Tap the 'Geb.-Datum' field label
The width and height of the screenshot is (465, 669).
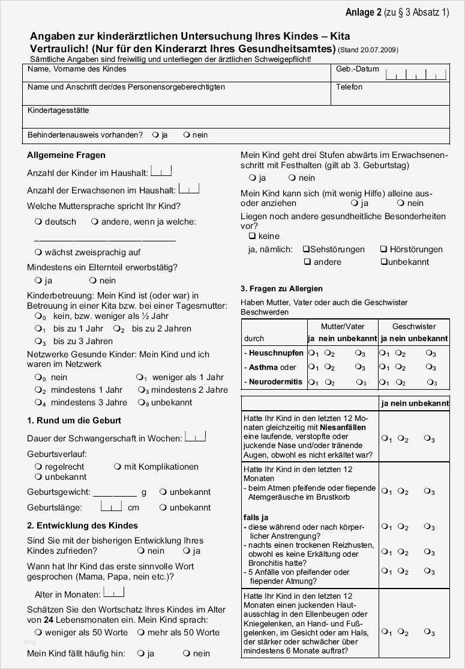tap(357, 69)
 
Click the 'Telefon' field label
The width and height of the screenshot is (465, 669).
tap(349, 87)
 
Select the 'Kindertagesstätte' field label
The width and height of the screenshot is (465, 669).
tap(58, 111)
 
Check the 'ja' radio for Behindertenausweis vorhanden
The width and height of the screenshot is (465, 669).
tap(155, 135)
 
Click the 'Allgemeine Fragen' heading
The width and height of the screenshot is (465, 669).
tap(66, 155)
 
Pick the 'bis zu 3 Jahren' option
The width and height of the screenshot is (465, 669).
tap(40, 341)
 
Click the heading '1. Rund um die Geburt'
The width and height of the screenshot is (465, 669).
tap(74, 420)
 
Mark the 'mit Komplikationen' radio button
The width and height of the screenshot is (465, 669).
tap(117, 467)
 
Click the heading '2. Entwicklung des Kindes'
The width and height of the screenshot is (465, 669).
tap(82, 525)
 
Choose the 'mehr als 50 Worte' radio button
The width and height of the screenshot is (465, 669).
tap(140, 632)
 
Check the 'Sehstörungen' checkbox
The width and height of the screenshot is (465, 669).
tap(306, 249)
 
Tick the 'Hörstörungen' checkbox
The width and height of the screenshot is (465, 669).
tap(383, 249)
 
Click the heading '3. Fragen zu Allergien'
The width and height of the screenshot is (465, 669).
tap(281, 288)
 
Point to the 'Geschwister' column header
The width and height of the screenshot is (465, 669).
tap(414, 327)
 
